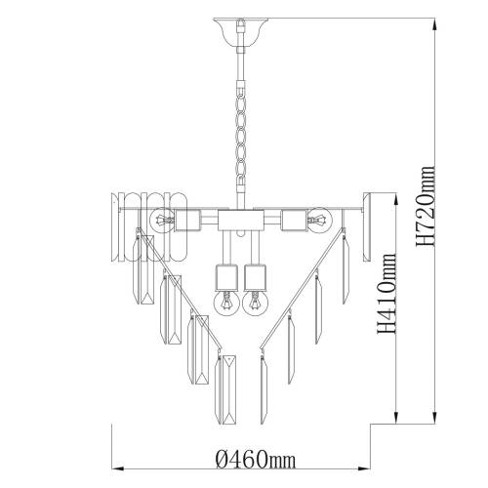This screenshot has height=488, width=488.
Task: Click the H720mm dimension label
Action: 426,206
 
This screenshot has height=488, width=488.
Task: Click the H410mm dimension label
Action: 386,293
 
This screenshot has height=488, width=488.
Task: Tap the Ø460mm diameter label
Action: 256,459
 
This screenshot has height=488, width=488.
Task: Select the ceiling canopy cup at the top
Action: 241,32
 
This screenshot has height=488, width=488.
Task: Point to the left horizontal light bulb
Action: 162,221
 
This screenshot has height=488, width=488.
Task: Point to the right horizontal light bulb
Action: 319,221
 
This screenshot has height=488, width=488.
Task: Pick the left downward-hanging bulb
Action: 226,303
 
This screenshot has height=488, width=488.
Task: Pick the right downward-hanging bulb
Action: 256,303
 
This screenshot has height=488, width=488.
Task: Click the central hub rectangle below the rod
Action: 241,221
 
